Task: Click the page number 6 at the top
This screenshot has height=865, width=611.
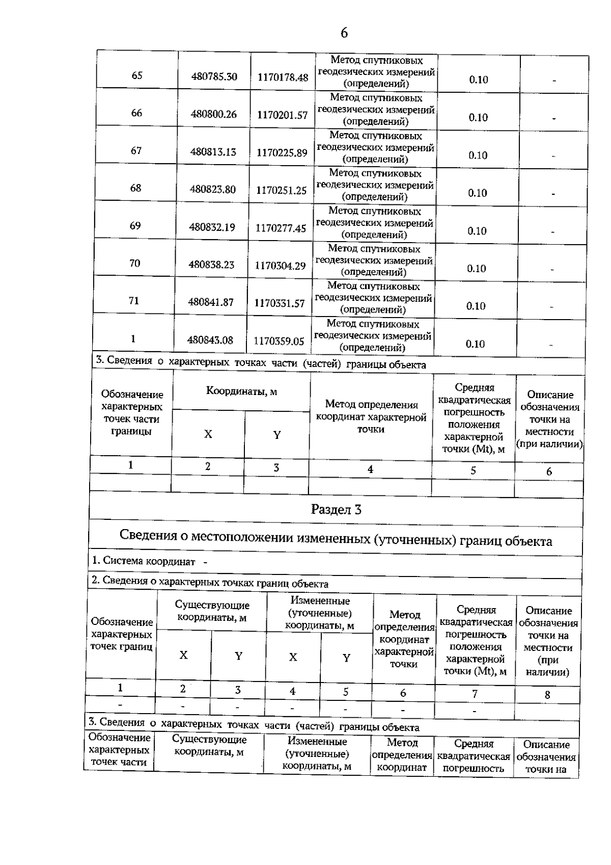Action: pos(344,33)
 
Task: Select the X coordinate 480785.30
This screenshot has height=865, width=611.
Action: pos(214,77)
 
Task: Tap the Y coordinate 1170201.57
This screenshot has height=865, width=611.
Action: pos(282,115)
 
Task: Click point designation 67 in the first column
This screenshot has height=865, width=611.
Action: pos(136,150)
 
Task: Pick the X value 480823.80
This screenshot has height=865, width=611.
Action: pos(213,190)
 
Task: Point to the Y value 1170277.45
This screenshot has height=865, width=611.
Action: pos(281,228)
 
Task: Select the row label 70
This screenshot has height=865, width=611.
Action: pos(134,263)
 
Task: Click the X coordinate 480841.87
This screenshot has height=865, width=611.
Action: pos(211,302)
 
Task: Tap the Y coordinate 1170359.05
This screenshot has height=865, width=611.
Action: pos(279,342)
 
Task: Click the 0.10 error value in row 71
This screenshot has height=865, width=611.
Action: pos(476,306)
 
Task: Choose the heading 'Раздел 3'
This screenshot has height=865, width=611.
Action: pos(336,510)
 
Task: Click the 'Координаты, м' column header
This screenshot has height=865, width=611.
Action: pos(241,391)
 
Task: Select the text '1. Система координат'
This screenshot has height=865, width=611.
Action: pos(144,561)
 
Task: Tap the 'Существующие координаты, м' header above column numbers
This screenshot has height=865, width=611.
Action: pos(212,611)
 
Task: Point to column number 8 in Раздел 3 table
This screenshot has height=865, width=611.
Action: pos(547,695)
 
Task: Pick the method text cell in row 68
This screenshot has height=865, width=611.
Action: pos(375,185)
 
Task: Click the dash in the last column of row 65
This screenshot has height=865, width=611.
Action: pos(554,81)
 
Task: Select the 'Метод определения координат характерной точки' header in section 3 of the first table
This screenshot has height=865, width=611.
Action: pos(371,416)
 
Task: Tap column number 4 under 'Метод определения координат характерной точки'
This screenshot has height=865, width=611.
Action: pos(370,469)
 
